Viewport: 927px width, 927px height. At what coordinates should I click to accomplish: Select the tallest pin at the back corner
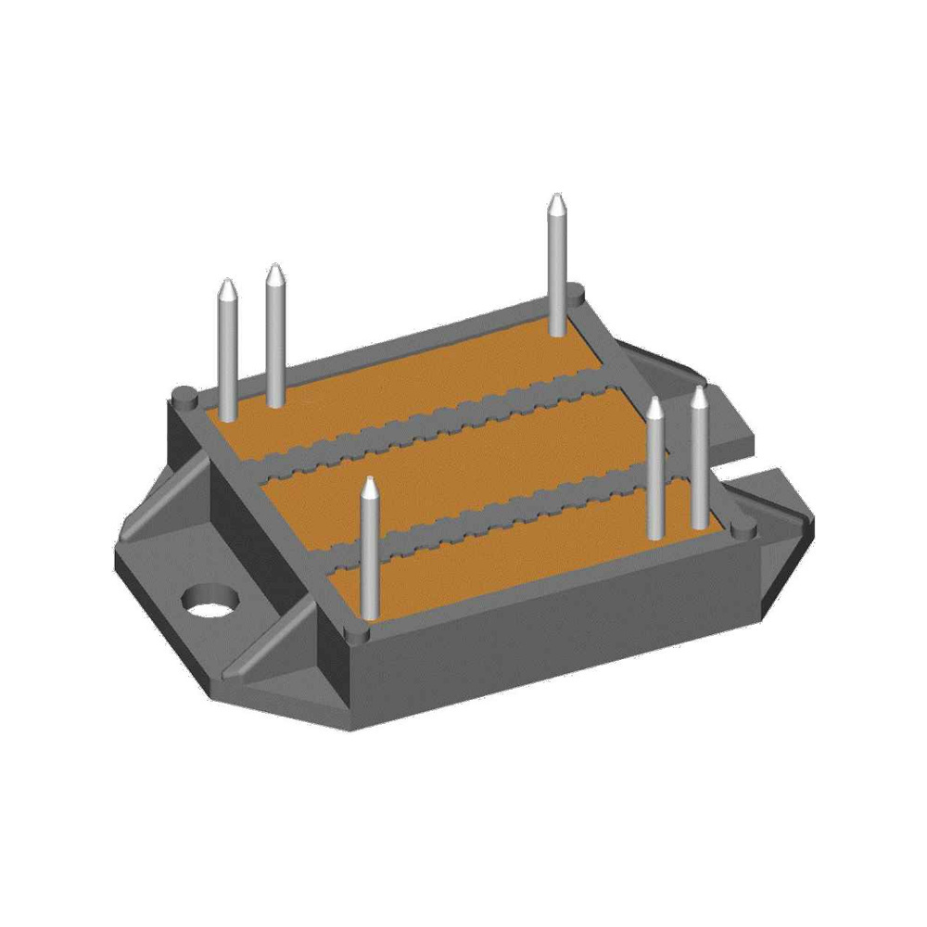coord(556,269)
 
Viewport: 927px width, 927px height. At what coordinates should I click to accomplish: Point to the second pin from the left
coord(274,338)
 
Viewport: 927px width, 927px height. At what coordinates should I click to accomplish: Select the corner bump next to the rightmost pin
coord(743,528)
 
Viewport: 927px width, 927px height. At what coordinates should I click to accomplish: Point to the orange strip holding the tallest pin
coord(417,389)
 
